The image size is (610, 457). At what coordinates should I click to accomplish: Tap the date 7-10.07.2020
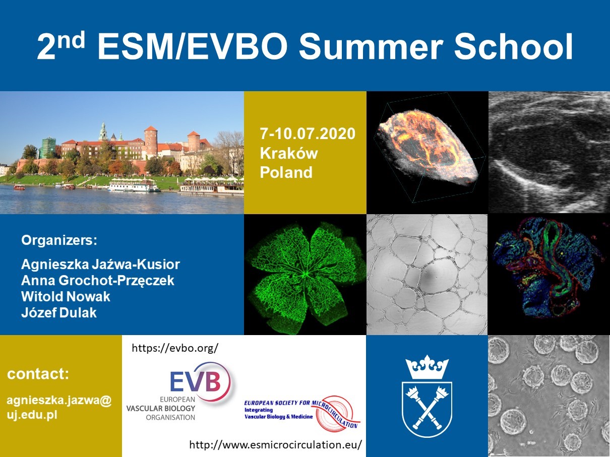coord(308,134)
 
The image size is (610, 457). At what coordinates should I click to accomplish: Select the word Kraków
coord(289,153)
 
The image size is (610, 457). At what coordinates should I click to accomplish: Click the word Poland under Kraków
coord(286,172)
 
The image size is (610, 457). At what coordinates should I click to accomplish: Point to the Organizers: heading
coord(59,240)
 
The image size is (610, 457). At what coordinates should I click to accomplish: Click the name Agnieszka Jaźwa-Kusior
coord(101,264)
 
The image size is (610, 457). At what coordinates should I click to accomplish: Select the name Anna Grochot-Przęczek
coord(97,281)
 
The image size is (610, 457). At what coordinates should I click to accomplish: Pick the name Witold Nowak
coord(66,297)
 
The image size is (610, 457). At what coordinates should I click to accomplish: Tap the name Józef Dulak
coord(59,312)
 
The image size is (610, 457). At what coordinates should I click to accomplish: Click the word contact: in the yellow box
coord(38,374)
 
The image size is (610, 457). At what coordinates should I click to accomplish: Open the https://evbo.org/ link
coord(175,348)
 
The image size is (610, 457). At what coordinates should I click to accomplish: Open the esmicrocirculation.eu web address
coord(276,444)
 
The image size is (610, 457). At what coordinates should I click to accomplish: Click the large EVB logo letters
coord(196,382)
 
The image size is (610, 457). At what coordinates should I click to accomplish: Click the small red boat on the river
coord(19,187)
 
